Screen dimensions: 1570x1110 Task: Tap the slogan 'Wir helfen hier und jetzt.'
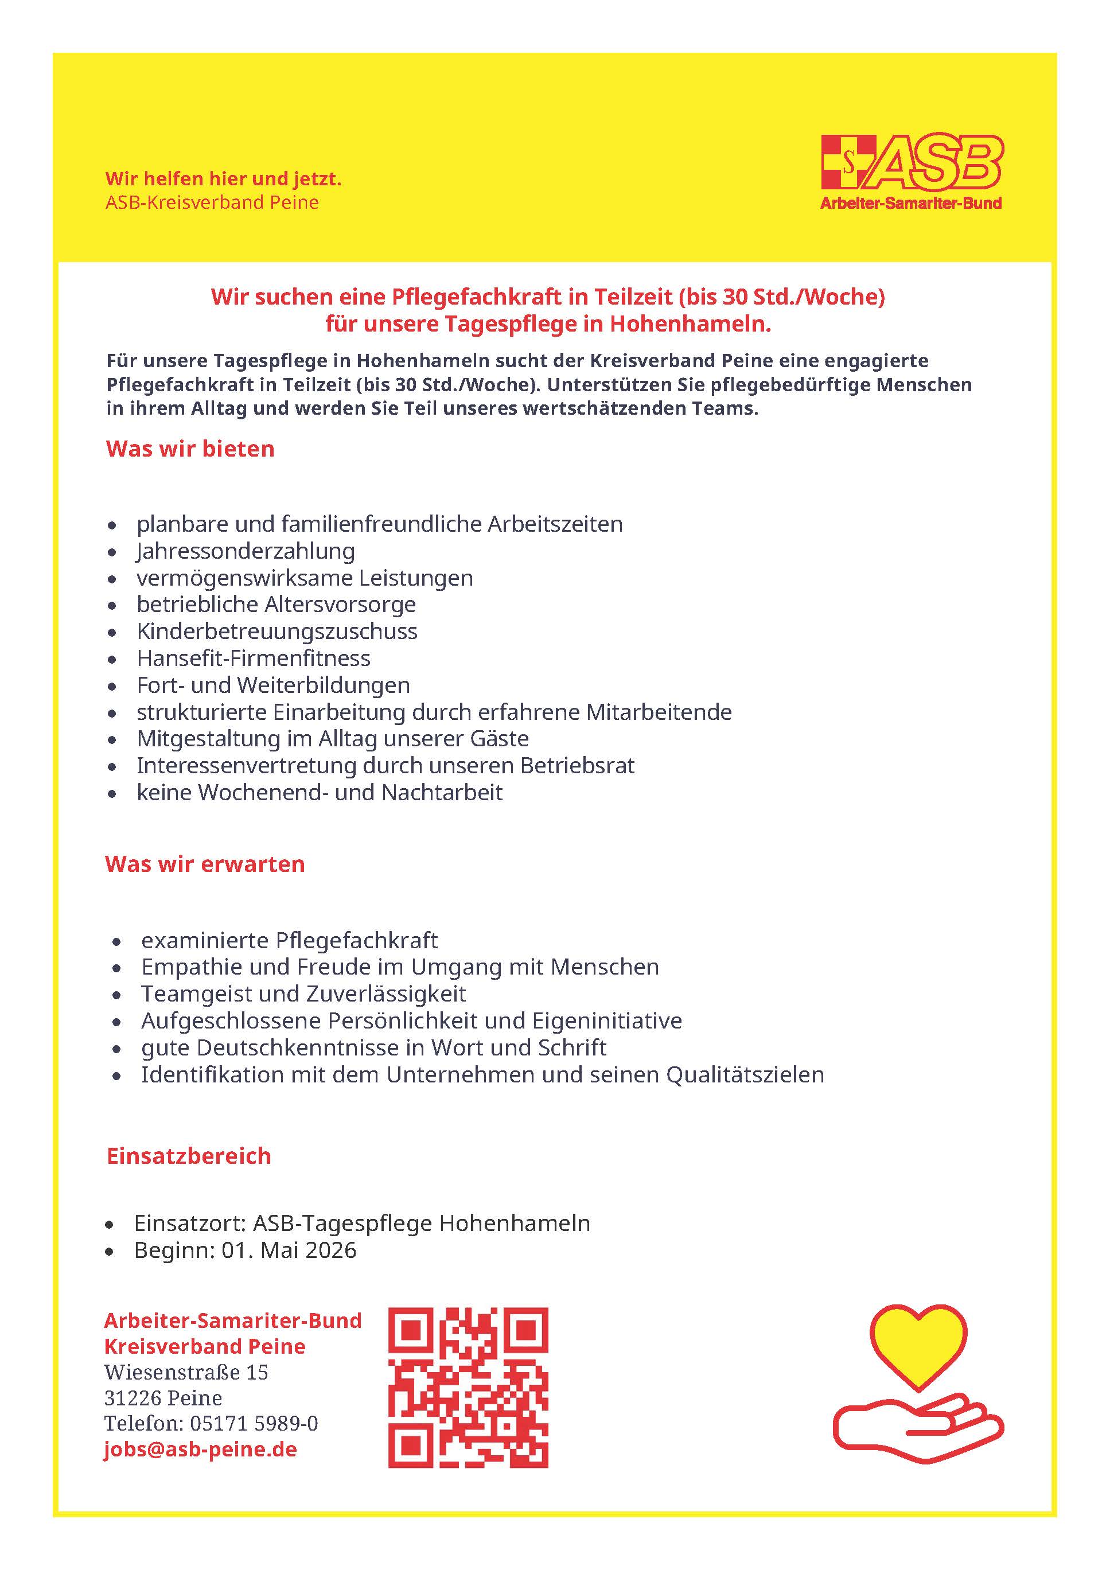pos(223,179)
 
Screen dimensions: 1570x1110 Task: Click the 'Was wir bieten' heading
pos(190,449)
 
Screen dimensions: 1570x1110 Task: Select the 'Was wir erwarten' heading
pos(204,864)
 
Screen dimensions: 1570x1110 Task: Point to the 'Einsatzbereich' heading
pos(189,1156)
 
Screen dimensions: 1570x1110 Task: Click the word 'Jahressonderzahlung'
pos(246,551)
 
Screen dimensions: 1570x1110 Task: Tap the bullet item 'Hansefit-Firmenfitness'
pos(253,659)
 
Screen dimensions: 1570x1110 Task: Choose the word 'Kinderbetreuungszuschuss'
pos(277,632)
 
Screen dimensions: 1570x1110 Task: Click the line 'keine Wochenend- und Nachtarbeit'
pos(320,793)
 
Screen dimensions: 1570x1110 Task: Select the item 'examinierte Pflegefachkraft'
pos(289,941)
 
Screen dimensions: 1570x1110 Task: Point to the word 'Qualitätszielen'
pos(745,1075)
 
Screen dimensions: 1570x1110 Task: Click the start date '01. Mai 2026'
pos(289,1250)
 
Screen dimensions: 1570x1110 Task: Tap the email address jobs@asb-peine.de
pos(200,1450)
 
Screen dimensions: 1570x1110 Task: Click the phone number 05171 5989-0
pos(254,1424)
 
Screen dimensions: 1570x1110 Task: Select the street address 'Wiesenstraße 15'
pos(186,1372)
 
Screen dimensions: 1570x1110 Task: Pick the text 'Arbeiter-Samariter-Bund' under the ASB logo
pos(911,203)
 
